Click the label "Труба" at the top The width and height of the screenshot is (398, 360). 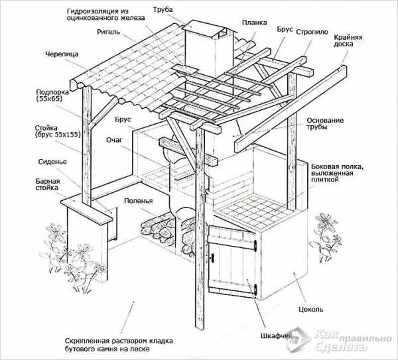pos(163,10)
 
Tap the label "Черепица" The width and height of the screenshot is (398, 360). pos(62,54)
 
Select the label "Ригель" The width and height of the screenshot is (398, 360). pos(108,32)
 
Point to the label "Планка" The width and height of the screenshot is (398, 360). pos(254,23)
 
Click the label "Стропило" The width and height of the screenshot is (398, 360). pos(312,32)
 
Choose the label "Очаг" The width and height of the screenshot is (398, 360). pos(114,140)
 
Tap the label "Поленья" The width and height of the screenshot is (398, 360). pos(139,201)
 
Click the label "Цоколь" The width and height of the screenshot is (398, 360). pos(310,310)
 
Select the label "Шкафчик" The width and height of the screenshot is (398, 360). pos(277,336)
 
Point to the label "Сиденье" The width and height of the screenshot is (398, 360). pos(52,162)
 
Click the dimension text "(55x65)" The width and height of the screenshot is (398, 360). pos(49,99)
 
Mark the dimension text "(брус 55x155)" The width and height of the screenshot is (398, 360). pos(58,135)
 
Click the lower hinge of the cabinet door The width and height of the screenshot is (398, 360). pos(255,290)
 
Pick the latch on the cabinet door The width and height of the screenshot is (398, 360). pos(212,257)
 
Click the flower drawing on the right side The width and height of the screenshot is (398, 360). pos(326,237)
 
